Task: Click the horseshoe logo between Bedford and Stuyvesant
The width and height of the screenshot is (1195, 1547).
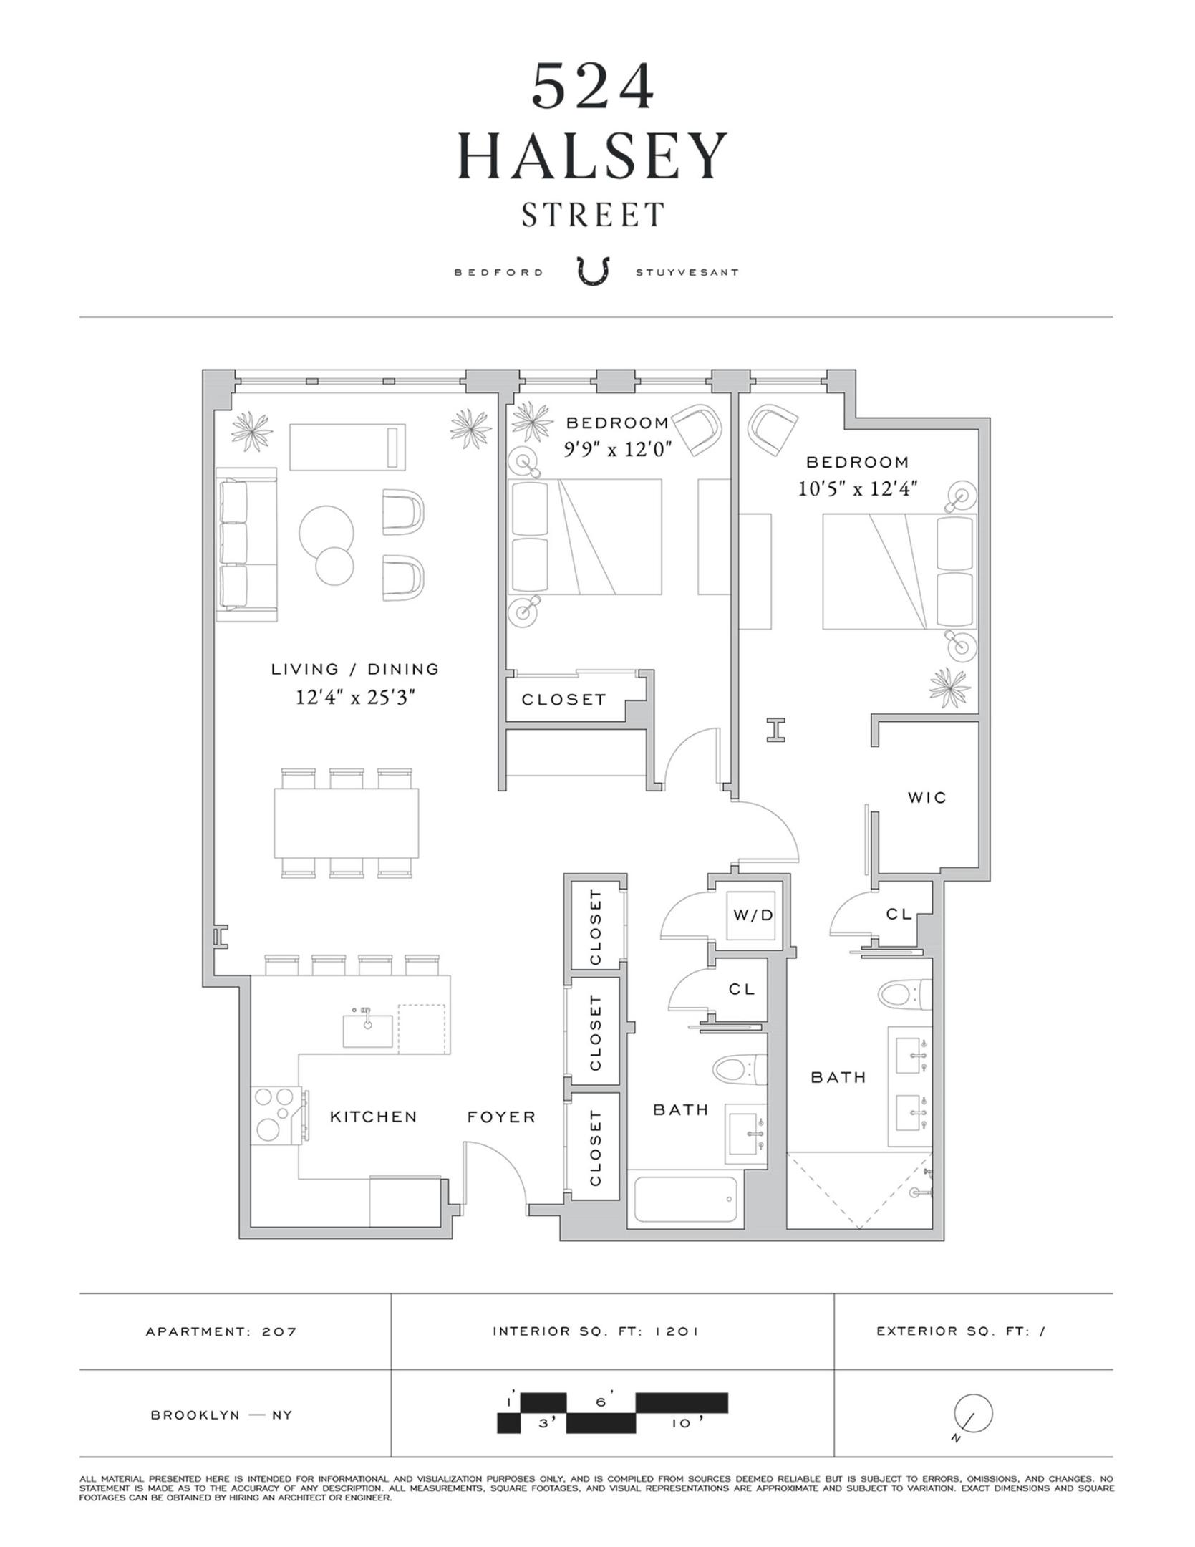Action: (593, 272)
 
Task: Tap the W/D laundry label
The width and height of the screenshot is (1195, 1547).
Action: (753, 915)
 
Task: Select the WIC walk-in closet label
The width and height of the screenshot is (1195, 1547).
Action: (927, 797)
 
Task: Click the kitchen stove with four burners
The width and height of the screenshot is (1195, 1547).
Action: (280, 1116)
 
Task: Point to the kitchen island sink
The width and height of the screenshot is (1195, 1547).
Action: (368, 1029)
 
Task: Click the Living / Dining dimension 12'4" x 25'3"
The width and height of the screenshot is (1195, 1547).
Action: (356, 697)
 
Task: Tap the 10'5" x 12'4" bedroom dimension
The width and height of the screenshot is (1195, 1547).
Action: (858, 488)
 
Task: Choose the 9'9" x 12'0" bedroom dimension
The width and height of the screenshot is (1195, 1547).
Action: (616, 449)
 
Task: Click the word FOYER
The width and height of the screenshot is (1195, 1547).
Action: (501, 1117)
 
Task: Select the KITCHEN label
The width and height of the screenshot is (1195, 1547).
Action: (373, 1117)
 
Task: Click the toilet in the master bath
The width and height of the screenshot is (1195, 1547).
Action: (905, 994)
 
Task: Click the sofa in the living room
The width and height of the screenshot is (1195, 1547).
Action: (246, 544)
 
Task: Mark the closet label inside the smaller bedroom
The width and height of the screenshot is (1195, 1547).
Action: (563, 699)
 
